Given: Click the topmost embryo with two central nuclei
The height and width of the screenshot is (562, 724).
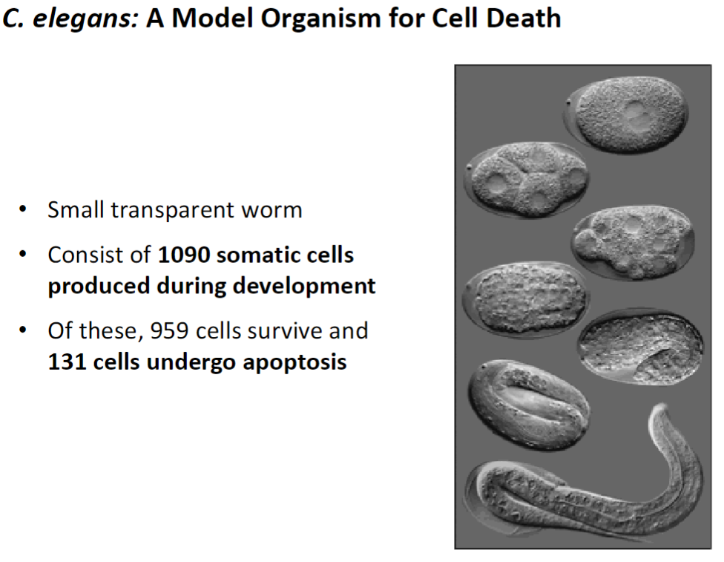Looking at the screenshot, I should tap(628, 115).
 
